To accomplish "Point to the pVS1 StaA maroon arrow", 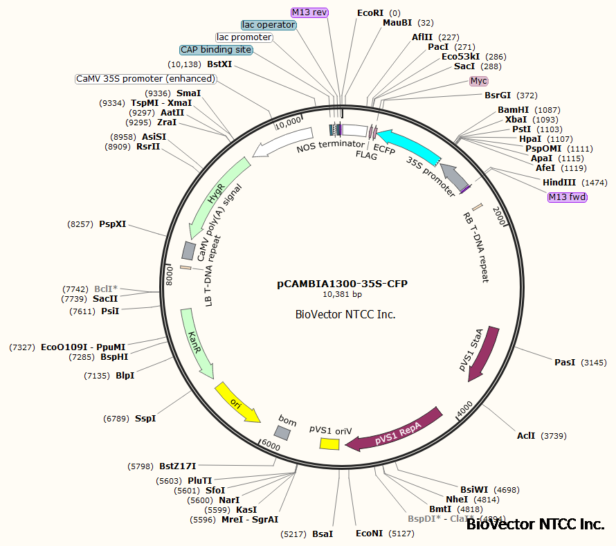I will click(x=484, y=352).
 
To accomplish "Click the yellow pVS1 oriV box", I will click(x=329, y=443).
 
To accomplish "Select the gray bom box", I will click(x=282, y=433).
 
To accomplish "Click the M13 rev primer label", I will click(x=309, y=12).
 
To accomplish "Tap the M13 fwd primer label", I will click(x=567, y=197).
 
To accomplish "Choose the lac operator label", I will click(x=269, y=25).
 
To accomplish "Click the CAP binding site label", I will click(x=215, y=50).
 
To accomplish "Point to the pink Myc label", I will click(x=478, y=81).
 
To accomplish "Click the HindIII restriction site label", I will click(x=559, y=182).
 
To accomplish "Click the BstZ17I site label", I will click(x=178, y=466).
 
